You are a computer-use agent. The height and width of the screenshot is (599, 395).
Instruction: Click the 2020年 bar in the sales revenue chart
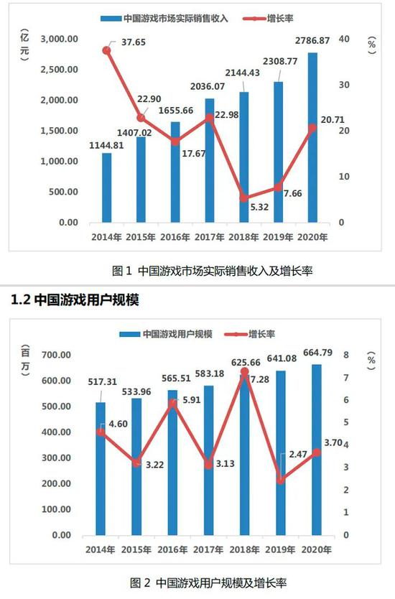[x=312, y=136]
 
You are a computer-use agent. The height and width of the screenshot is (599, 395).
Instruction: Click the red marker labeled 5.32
[x=243, y=198]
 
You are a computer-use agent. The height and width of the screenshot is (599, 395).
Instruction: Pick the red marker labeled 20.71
[x=312, y=128]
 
